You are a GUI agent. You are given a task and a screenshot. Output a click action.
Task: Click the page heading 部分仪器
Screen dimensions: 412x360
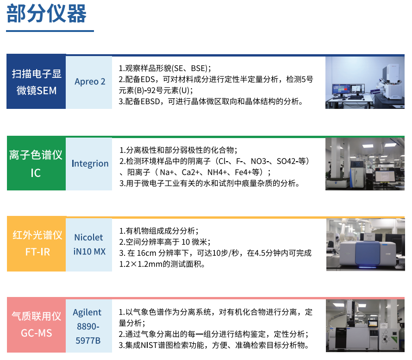click(x=46, y=14)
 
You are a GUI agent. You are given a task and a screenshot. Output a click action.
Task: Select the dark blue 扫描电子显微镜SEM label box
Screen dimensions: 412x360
click(x=36, y=82)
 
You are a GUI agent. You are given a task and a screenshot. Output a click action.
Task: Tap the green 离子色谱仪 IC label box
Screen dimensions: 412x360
click(x=36, y=163)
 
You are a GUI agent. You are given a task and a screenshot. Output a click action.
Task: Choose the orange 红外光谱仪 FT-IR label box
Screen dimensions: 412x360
click(x=36, y=244)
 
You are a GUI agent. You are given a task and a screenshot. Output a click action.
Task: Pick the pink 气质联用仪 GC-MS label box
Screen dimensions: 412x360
click(x=36, y=325)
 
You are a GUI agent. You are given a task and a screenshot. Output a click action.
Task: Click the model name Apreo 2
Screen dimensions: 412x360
click(x=90, y=82)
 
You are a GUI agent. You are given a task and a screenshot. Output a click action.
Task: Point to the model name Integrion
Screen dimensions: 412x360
click(x=90, y=164)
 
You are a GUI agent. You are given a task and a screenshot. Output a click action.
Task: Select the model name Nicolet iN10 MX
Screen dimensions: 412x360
click(x=89, y=245)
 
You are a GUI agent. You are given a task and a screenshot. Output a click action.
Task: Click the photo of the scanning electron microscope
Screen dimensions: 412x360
click(x=365, y=82)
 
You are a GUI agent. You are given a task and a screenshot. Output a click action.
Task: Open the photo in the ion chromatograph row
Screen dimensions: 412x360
click(x=365, y=164)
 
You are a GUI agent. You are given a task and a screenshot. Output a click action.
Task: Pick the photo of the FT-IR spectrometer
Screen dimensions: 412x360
click(x=366, y=245)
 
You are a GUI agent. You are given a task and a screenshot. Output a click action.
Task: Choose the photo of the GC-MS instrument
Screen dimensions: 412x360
click(x=365, y=326)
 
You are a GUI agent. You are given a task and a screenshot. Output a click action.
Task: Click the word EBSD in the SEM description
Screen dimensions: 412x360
click(x=150, y=101)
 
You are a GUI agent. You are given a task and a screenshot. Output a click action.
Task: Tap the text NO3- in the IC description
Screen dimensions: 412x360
click(x=260, y=161)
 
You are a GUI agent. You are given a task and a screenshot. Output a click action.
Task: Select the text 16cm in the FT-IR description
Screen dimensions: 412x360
click(x=147, y=253)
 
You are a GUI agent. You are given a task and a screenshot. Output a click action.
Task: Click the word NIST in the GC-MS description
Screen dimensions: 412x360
click(x=149, y=345)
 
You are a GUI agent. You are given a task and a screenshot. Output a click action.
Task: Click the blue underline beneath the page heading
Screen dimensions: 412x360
click(x=50, y=31)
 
